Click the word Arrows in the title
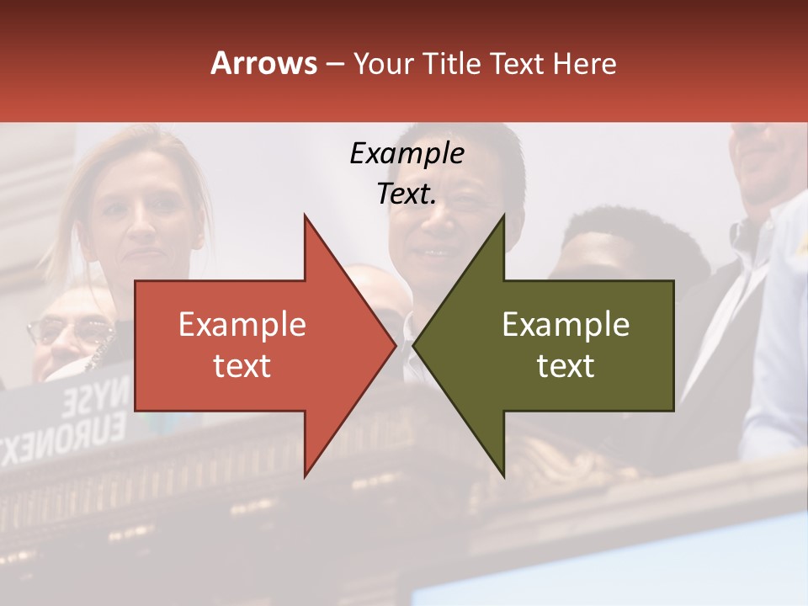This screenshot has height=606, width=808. click(264, 64)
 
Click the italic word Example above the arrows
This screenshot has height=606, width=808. click(407, 154)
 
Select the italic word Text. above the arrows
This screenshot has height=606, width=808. click(407, 194)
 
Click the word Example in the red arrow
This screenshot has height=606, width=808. click(242, 325)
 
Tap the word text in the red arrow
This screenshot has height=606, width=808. click(242, 366)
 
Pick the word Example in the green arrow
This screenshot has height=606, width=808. click(566, 325)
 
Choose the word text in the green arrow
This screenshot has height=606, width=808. click(566, 366)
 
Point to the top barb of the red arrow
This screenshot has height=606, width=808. click(306, 221)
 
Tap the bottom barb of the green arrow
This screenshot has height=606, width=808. click(502, 471)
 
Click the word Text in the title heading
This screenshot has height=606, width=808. click(518, 64)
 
